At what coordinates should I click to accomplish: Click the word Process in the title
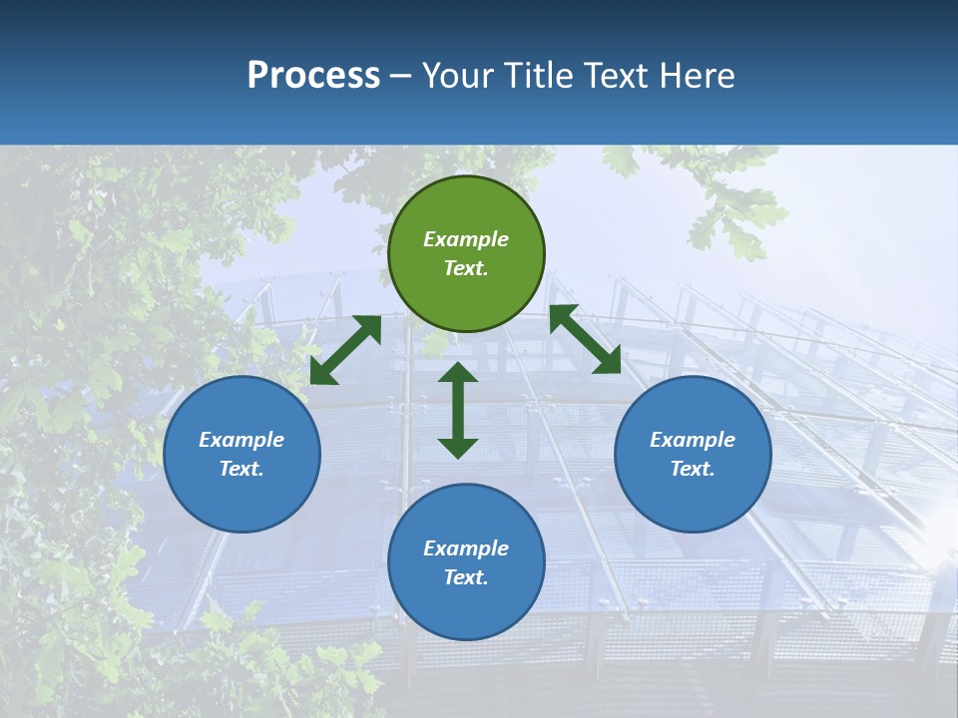(x=313, y=76)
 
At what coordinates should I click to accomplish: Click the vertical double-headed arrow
(x=458, y=410)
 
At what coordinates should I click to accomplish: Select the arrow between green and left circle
(x=345, y=349)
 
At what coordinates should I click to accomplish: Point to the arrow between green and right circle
(x=585, y=339)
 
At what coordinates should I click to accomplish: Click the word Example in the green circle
(x=466, y=239)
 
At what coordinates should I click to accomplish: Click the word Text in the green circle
(x=465, y=268)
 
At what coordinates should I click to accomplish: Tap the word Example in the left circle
(x=241, y=440)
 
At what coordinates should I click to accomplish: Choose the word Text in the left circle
(x=240, y=469)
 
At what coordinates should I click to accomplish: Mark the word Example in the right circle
(x=693, y=440)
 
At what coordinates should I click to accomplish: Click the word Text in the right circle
(x=692, y=469)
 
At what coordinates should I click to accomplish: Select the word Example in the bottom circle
(x=466, y=548)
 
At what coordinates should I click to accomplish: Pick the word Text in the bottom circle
(x=465, y=577)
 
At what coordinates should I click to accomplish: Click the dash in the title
(x=401, y=77)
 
